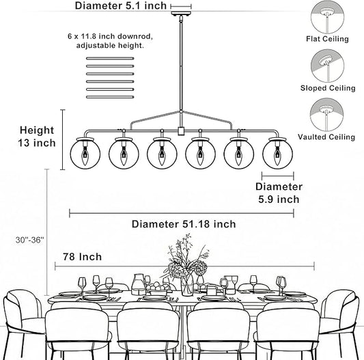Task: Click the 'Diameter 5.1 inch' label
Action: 121,5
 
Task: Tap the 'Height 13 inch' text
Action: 37,137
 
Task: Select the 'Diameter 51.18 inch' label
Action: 184,224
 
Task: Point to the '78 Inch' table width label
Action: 83,257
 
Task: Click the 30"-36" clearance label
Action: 30,240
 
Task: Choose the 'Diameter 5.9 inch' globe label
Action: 279,193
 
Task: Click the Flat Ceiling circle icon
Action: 327,17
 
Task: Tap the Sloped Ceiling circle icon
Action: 327,66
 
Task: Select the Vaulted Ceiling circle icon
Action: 327,115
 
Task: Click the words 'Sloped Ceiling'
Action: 328,88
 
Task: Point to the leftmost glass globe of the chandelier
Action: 85,154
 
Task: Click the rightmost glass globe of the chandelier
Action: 278,154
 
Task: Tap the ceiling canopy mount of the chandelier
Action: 181,14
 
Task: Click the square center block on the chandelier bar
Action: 181,131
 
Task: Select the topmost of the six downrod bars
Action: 110,58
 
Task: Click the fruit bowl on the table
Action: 156,288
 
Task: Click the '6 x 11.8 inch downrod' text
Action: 110,36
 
